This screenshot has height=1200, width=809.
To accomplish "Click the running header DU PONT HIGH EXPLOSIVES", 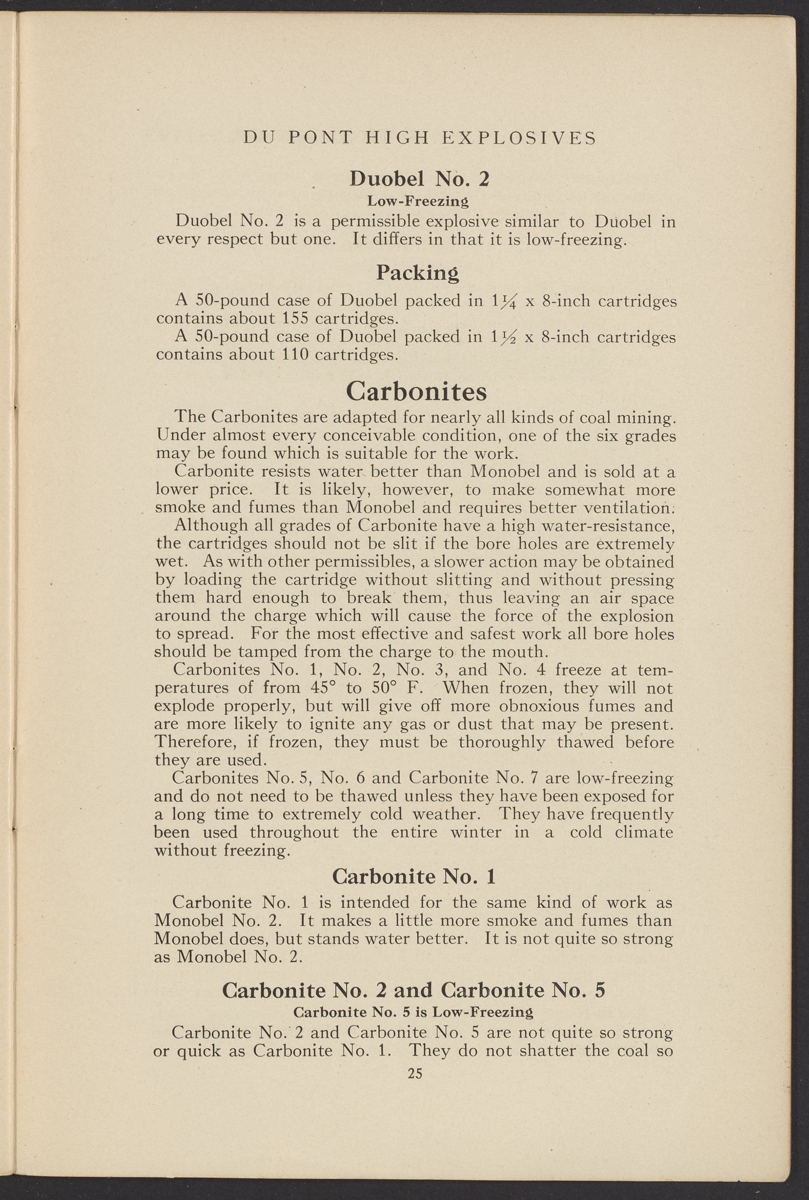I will coord(419,138).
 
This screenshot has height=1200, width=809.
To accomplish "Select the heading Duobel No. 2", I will coord(419,179).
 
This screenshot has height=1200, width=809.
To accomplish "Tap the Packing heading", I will coord(417,272).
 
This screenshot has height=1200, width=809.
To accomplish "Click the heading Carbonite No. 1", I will coord(414,876).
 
